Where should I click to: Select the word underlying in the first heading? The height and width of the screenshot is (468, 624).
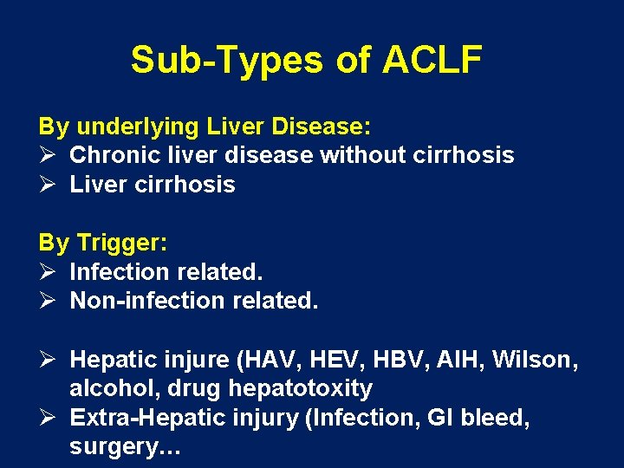(138, 127)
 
